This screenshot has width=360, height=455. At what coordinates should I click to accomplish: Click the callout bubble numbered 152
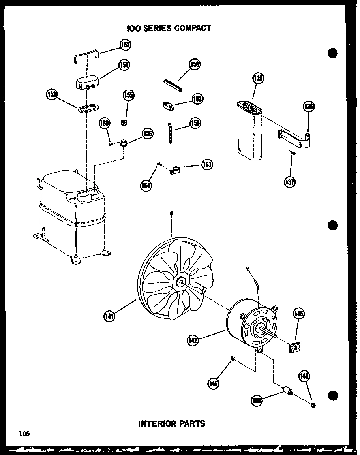(x=125, y=45)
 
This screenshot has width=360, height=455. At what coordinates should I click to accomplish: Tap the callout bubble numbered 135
(x=258, y=78)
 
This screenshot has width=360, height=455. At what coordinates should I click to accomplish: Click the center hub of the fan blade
(x=181, y=282)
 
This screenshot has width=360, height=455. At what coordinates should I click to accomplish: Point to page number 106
(x=24, y=434)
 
